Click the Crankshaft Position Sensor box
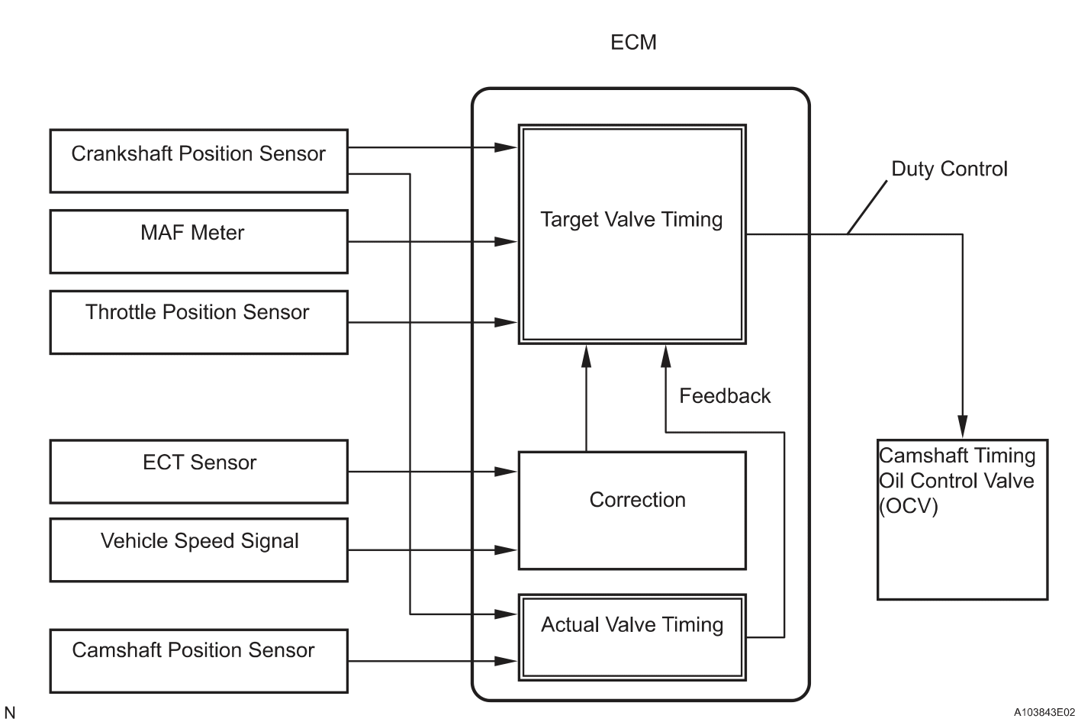click(198, 160)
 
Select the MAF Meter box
click(198, 241)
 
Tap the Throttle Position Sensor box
click(198, 321)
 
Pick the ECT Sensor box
click(198, 471)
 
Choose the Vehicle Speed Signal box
click(198, 550)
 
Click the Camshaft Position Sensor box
click(198, 660)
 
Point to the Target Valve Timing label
click(631, 220)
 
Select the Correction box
click(632, 510)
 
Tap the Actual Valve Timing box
click(632, 637)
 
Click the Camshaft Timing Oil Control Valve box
click(961, 519)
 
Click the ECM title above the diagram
click(633, 42)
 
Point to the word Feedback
click(725, 396)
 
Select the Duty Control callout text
click(949, 169)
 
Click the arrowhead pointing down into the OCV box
click(962, 427)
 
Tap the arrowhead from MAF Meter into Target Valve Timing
click(507, 242)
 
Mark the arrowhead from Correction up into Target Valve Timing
click(586, 355)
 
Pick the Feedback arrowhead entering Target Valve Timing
click(665, 355)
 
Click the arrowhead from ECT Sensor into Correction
click(507, 472)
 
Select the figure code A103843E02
click(1044, 712)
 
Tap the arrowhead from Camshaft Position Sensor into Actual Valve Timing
click(507, 661)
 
